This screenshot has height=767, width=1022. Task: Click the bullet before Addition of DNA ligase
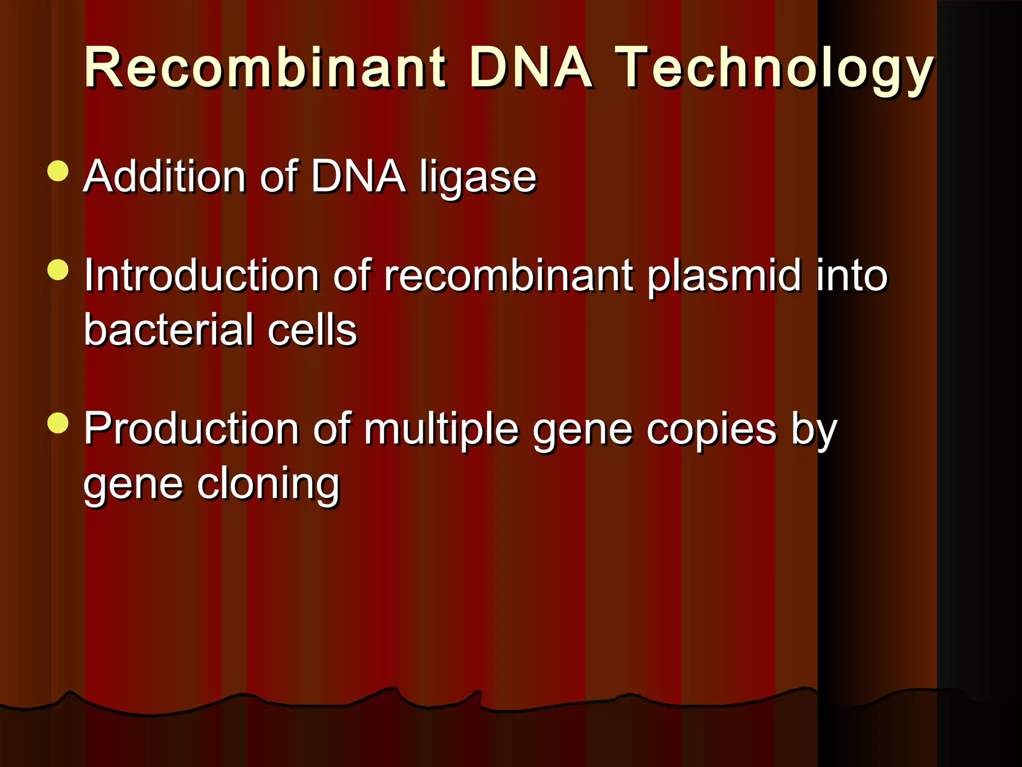[58, 171]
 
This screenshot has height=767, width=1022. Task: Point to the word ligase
[478, 178]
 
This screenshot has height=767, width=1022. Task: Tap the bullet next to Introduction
[58, 270]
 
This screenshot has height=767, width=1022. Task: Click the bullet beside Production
[58, 423]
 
